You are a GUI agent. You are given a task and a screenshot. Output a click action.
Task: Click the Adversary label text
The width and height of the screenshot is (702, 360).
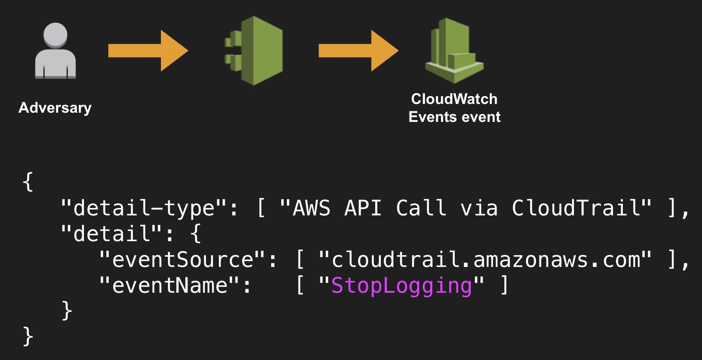(x=55, y=107)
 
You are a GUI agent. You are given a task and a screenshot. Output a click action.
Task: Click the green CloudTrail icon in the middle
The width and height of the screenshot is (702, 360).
(x=255, y=51)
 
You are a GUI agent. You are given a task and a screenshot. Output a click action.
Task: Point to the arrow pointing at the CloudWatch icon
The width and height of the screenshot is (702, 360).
(x=358, y=51)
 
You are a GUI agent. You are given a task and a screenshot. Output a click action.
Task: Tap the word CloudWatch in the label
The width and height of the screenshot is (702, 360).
(x=454, y=99)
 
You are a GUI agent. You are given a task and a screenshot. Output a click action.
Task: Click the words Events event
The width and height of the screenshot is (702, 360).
(x=454, y=117)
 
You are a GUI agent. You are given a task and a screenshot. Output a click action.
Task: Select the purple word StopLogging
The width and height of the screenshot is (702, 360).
(x=401, y=286)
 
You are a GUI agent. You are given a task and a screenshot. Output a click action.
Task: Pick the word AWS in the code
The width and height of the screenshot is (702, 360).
(x=311, y=208)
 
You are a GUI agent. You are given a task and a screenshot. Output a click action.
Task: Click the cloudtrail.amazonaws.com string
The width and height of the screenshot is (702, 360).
(x=485, y=260)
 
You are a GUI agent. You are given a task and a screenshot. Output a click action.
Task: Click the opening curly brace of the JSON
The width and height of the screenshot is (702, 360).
(x=28, y=182)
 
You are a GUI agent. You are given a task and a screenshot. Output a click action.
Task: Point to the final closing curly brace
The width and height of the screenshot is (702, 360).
(x=28, y=337)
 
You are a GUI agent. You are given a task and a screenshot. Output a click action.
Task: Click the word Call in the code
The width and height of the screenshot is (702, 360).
(x=421, y=208)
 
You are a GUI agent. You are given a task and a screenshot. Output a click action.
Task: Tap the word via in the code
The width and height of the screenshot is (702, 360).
(x=479, y=208)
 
